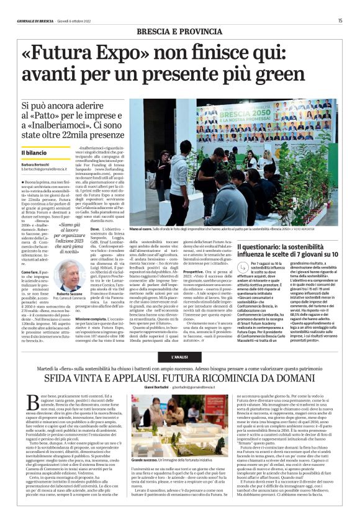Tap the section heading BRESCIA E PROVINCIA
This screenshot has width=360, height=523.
click(179, 31)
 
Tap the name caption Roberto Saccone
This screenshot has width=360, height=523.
click(68, 294)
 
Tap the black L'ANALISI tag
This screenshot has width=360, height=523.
click(179, 357)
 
